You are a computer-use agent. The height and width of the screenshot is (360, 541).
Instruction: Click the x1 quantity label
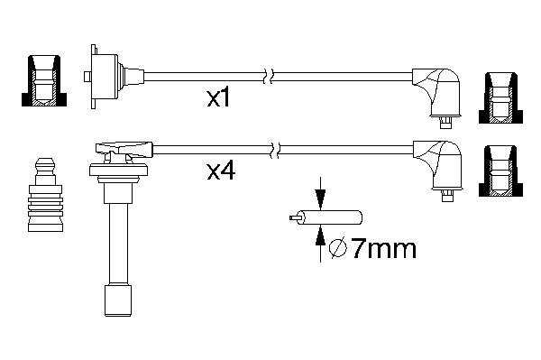click(x=218, y=98)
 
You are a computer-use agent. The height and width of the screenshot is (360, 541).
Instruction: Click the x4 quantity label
click(x=221, y=171)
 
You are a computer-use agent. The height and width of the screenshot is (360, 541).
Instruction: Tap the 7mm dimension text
click(x=384, y=249)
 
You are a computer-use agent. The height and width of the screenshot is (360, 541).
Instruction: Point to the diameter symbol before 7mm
click(x=338, y=248)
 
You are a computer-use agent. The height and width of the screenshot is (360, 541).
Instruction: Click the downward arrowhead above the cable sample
click(x=320, y=199)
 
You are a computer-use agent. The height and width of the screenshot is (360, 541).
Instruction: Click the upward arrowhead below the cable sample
click(x=320, y=237)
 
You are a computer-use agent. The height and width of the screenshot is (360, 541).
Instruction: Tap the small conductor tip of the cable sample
click(x=294, y=218)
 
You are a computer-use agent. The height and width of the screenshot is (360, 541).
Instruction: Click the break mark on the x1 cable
click(x=269, y=77)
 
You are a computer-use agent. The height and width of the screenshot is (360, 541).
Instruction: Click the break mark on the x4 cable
click(x=275, y=150)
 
